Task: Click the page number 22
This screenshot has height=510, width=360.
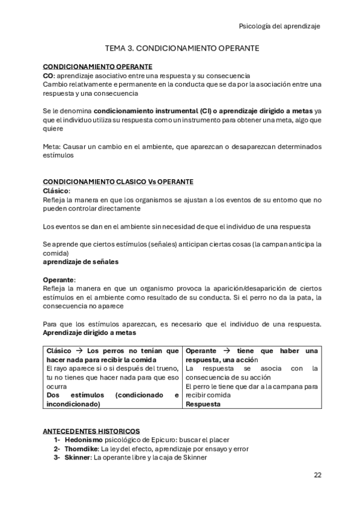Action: coord(317,475)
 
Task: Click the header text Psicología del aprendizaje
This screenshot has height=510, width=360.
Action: coord(279,26)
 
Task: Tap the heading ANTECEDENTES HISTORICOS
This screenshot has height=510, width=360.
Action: coord(91,431)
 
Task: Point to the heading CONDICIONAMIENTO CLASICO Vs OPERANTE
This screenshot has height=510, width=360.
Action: coord(118,182)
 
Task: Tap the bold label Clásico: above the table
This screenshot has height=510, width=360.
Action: coord(56,191)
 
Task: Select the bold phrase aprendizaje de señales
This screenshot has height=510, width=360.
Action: coord(81,262)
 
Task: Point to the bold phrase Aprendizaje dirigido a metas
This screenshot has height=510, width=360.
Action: coord(90,333)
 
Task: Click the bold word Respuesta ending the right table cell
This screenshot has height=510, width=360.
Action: coord(203,404)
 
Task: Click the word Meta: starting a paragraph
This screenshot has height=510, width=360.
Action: coord(52,146)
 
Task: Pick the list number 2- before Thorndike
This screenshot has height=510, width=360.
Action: coord(57,449)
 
